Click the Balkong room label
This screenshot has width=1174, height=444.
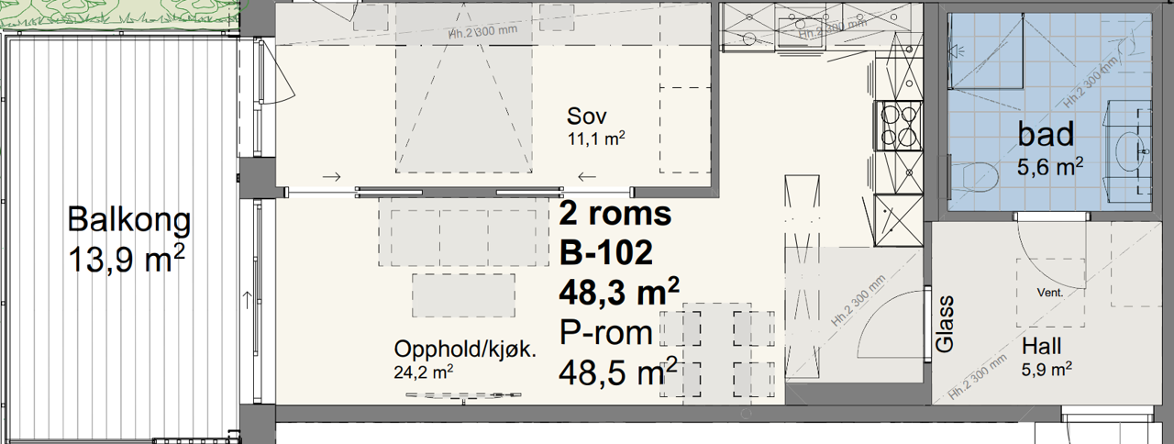(129, 220)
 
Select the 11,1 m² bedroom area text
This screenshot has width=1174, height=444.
(596, 139)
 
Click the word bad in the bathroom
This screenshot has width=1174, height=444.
(1046, 135)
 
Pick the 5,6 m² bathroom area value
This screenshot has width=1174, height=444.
(1050, 166)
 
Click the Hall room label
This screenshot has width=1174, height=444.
(1042, 347)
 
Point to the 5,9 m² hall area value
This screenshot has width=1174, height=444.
(1047, 370)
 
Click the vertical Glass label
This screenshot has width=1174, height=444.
(946, 324)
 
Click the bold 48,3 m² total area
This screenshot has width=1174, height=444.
(619, 292)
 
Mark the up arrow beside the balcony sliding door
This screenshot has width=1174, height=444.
(247, 299)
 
